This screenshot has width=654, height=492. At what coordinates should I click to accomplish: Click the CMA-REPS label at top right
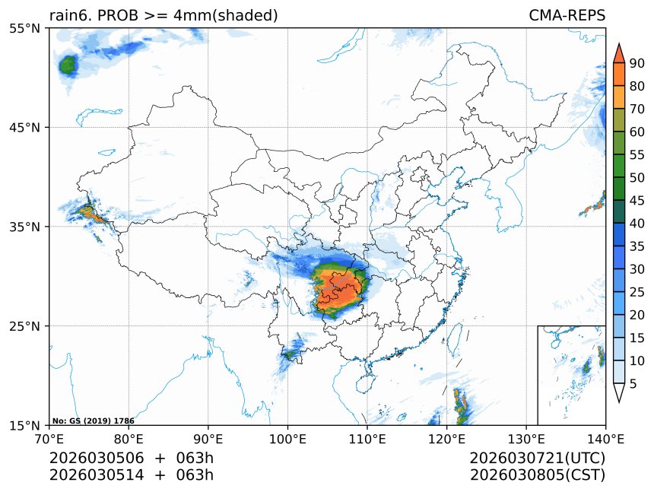click(x=567, y=16)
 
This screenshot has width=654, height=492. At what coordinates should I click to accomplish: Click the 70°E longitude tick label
click(x=49, y=438)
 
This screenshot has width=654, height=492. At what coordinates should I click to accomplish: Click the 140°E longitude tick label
click(x=605, y=438)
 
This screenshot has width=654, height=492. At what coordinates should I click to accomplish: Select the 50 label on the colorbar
click(x=637, y=177)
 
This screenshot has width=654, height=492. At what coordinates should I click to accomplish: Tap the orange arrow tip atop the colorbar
click(x=618, y=52)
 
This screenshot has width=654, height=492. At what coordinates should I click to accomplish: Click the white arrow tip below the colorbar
click(x=618, y=393)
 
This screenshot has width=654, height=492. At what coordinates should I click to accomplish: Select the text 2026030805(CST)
click(x=537, y=475)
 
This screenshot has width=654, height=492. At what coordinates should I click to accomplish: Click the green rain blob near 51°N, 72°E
click(x=68, y=65)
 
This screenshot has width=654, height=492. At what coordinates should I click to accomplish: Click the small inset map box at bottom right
click(x=571, y=375)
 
